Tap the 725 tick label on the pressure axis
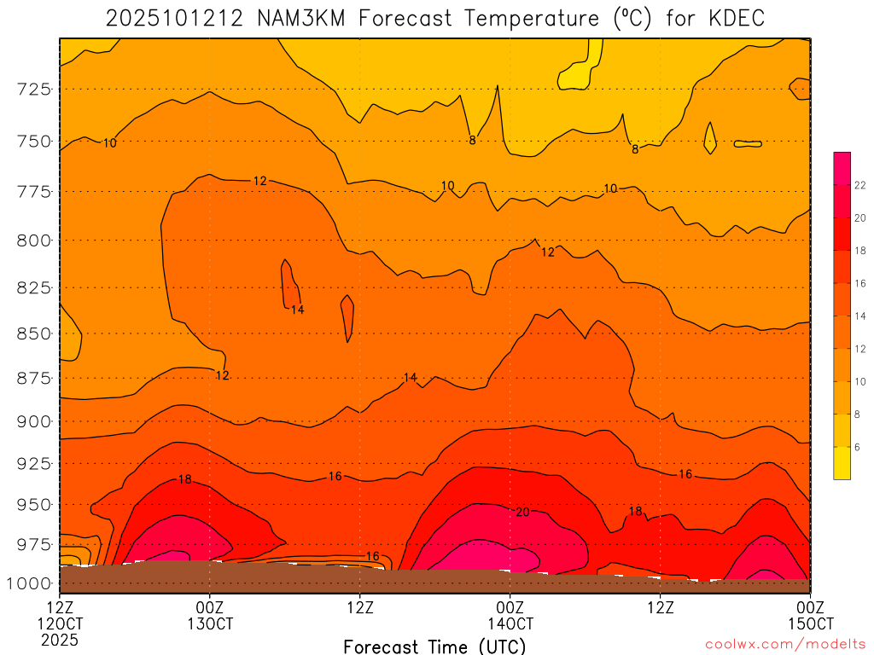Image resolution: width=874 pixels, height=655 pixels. tap(35, 89)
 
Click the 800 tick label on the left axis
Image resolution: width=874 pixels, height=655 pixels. tap(35, 241)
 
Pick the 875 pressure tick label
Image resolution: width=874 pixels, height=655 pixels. tap(35, 378)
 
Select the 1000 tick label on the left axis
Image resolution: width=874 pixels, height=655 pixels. tap(31, 583)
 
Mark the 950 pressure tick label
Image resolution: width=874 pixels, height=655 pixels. tap(35, 505)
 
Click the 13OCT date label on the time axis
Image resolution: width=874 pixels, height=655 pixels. tap(210, 623)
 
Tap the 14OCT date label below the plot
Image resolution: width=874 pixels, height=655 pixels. tap(510, 623)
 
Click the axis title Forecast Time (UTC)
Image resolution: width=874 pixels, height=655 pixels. tap(434, 646)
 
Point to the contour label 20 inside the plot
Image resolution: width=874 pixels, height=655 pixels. tap(523, 512)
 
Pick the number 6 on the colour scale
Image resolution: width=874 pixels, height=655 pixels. tap(858, 447)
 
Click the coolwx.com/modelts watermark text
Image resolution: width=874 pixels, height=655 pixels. tap(786, 644)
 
